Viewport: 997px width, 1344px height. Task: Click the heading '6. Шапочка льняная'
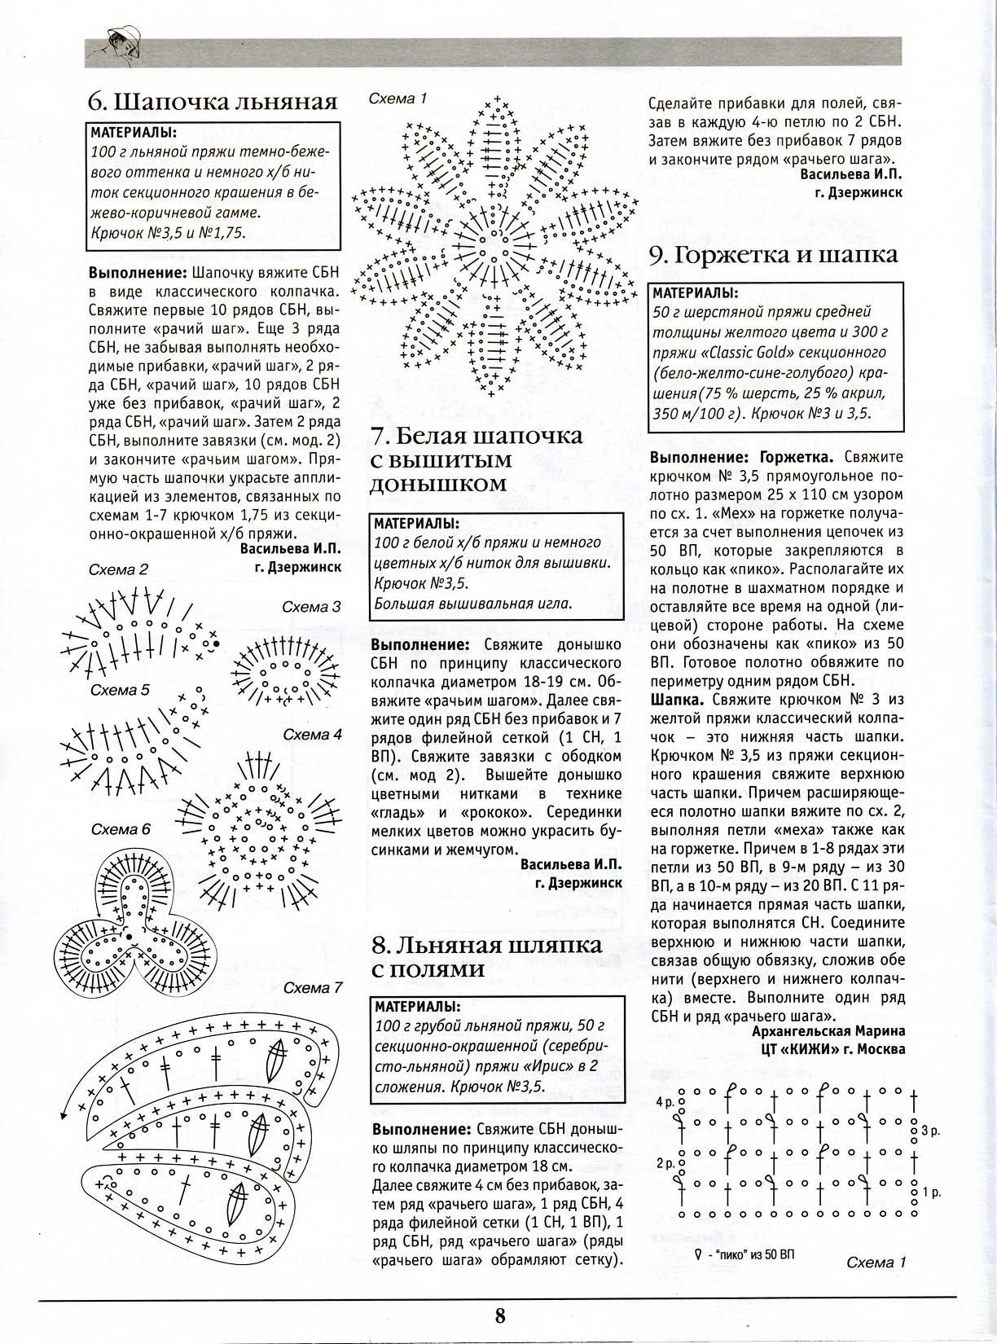coord(213,102)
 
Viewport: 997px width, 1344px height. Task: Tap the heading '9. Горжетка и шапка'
coord(773,255)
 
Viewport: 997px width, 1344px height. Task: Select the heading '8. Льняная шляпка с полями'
coord(487,956)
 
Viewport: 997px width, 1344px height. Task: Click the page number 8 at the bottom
coord(499,1315)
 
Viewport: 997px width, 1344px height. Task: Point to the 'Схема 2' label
coord(119,569)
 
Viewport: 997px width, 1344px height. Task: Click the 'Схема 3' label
coord(310,607)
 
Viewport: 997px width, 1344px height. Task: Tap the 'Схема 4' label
coord(311,735)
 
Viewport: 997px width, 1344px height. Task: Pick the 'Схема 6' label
coord(121,829)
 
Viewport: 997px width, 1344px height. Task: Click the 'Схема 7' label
coord(313,988)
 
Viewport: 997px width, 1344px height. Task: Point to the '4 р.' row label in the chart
coord(664,1101)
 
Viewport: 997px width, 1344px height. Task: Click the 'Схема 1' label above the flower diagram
coord(397,99)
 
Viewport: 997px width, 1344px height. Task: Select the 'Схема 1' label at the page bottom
coord(876,1263)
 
